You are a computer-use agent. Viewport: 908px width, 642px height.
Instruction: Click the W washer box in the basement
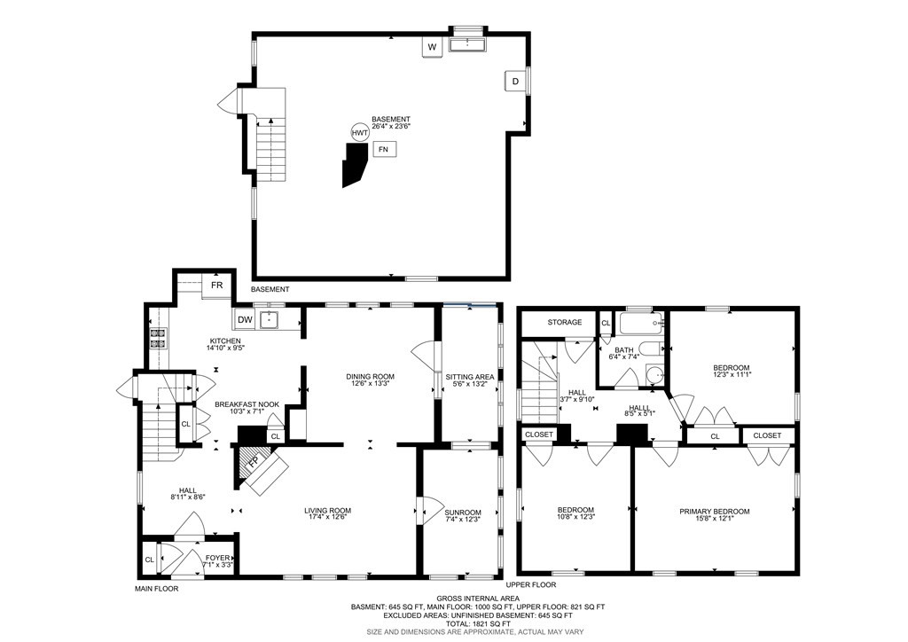(433, 46)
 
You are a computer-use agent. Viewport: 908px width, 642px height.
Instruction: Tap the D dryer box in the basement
(515, 82)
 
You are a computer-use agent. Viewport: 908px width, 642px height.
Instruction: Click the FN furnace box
(384, 149)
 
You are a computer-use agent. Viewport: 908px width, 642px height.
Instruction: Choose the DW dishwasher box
(246, 319)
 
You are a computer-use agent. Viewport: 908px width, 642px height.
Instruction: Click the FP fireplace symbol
(254, 462)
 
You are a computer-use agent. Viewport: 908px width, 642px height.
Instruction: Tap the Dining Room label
(370, 377)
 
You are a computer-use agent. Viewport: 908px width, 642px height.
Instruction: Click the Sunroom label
(463, 512)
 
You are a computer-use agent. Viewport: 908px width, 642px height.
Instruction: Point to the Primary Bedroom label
(714, 511)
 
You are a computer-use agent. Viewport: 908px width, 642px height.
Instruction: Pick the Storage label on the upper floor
(564, 322)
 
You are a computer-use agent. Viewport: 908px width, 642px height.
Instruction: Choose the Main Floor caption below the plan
(156, 588)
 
